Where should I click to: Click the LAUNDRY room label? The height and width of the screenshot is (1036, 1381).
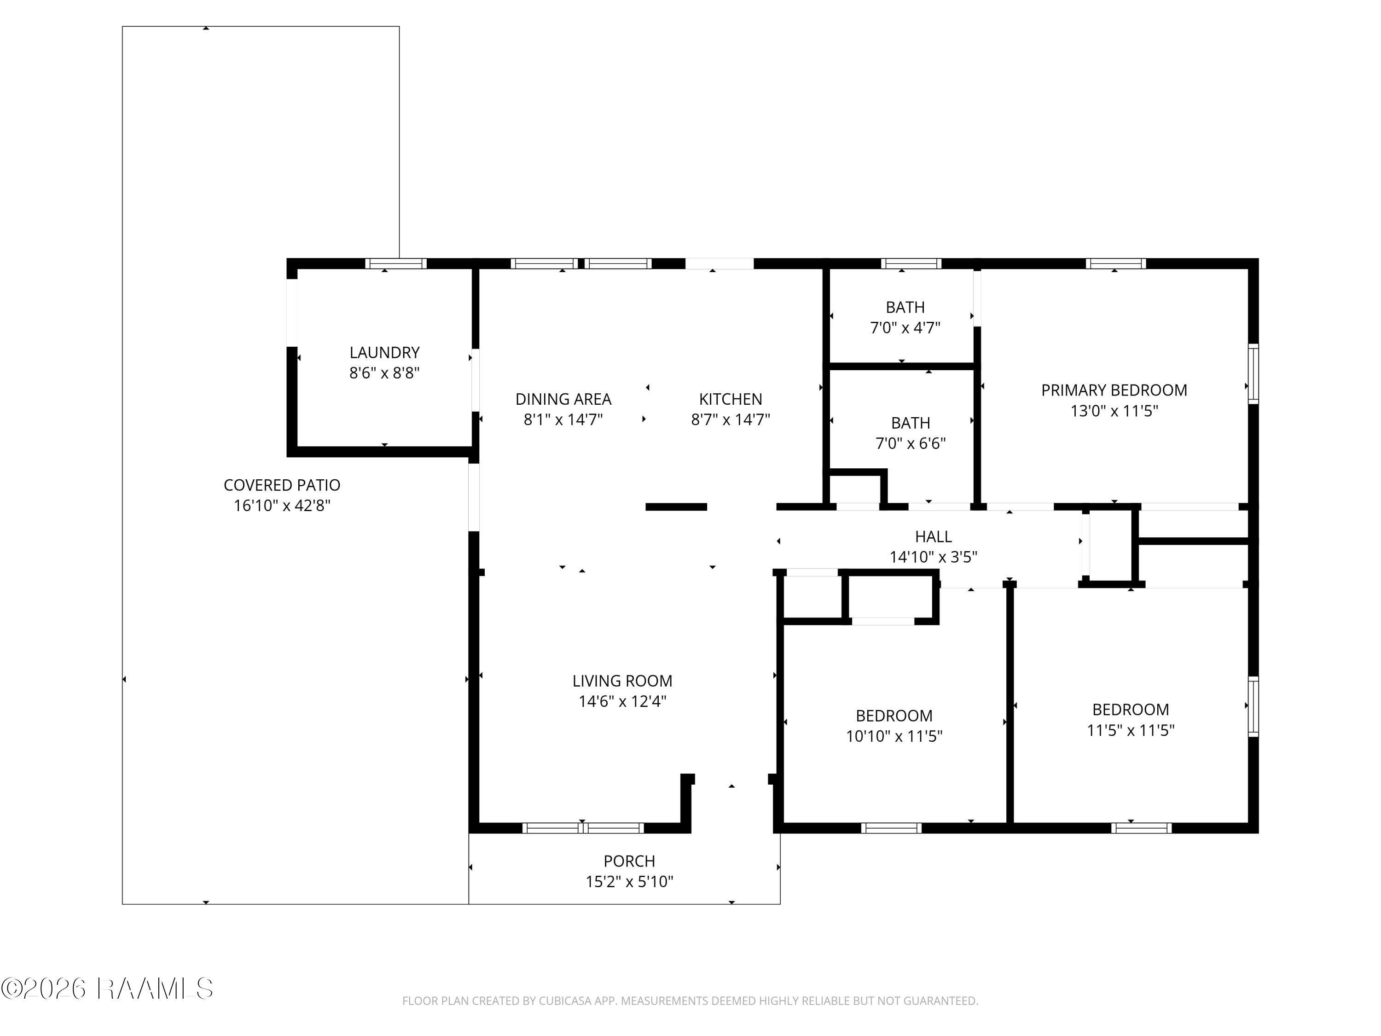pos(384,352)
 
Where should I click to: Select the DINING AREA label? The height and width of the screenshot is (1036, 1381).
pos(563,399)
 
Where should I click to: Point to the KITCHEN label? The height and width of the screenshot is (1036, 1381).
pos(731,399)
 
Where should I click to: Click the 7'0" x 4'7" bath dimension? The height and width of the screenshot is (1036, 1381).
pos(905,328)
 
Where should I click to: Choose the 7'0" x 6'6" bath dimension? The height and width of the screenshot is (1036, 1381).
pos(911,443)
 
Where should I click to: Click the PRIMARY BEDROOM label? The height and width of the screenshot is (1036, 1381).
pos(1114,390)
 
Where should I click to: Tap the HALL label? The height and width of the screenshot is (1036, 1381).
pos(934,536)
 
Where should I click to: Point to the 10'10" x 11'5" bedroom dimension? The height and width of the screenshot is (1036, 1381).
pos(894,736)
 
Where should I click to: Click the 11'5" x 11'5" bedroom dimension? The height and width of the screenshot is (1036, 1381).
pos(1131,730)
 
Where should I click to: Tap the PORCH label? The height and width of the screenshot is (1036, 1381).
pos(629,861)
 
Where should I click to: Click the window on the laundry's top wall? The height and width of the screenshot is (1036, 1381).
pos(396,263)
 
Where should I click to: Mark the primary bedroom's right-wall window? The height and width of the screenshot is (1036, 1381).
pos(1253,373)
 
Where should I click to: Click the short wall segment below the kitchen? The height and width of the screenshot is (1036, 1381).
pos(676,507)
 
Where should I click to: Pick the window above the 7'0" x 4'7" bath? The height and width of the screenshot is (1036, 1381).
pos(911,263)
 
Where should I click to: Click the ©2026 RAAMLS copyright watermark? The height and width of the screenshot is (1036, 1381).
pos(107,989)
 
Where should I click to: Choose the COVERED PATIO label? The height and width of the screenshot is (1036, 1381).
pos(282,485)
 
